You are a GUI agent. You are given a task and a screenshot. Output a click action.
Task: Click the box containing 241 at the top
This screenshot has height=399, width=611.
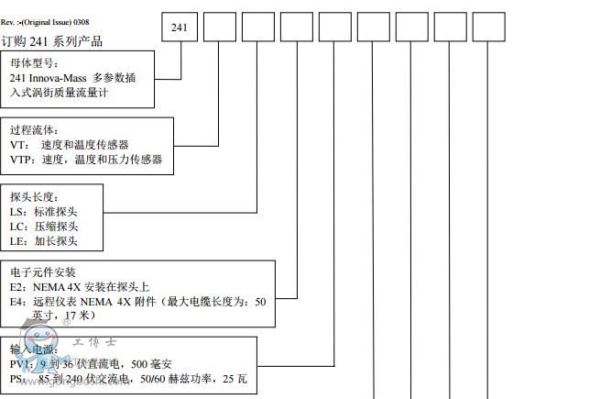point(180,28)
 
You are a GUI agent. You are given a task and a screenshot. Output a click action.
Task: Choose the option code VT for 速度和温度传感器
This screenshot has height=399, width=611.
point(17,145)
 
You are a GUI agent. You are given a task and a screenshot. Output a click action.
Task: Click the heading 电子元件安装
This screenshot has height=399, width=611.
point(43,272)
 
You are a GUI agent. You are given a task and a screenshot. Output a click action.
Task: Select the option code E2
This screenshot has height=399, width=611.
point(17,287)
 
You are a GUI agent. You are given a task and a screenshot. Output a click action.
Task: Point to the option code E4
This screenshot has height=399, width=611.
point(17,301)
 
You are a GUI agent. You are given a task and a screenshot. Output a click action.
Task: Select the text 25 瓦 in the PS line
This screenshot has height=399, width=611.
point(235,379)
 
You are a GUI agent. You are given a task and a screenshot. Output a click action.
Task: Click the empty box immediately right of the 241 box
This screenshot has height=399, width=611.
point(219,28)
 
